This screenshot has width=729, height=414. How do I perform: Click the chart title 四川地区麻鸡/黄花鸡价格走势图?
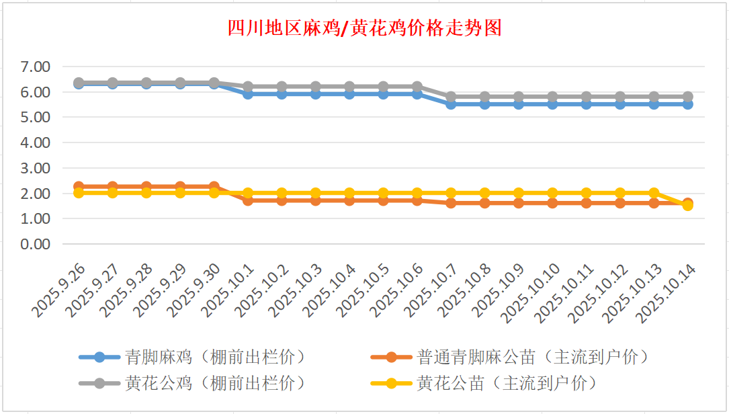364,28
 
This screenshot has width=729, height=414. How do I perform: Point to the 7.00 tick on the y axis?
36,67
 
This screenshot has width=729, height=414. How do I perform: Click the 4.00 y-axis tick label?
36,142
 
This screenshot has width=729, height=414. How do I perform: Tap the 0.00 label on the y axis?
36,244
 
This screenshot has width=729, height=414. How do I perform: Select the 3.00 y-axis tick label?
36,168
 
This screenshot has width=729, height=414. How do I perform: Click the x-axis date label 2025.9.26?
59,291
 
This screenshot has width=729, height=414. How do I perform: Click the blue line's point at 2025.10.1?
248,94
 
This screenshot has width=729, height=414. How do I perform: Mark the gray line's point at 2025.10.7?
451,97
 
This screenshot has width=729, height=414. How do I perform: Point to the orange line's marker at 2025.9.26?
79,187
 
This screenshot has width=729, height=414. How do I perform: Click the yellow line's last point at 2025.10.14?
687,206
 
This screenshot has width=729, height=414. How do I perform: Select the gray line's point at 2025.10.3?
316,87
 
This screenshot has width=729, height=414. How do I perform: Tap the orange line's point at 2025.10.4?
349,200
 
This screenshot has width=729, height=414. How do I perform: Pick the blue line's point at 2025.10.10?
552,104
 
